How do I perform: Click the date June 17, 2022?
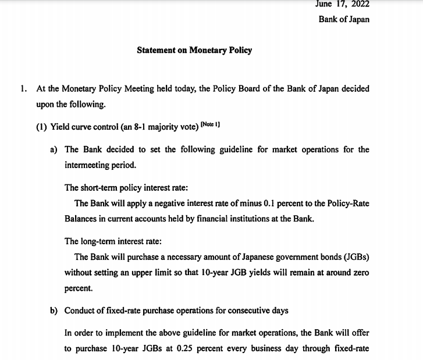pos(342,3)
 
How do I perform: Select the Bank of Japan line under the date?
pos(344,19)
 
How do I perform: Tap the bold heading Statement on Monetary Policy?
pos(194,50)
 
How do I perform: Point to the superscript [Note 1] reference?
pos(210,124)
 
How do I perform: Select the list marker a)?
pos(54,149)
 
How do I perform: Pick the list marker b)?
pos(54,311)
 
